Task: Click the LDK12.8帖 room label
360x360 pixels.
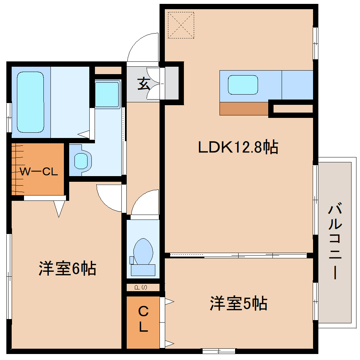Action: (238, 147)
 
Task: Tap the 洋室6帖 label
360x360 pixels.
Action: (67, 269)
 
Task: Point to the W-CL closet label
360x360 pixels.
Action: (38, 172)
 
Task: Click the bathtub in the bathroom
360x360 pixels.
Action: (30, 102)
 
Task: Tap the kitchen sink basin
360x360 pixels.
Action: (242, 85)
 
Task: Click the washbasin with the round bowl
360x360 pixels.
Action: (82, 161)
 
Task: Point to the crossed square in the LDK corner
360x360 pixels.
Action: (181, 25)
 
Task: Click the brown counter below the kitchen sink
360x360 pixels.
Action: (244, 109)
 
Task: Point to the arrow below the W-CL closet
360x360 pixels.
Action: (59, 209)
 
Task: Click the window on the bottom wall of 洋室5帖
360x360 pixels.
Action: (219, 351)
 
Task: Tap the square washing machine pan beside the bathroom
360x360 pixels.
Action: (107, 94)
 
